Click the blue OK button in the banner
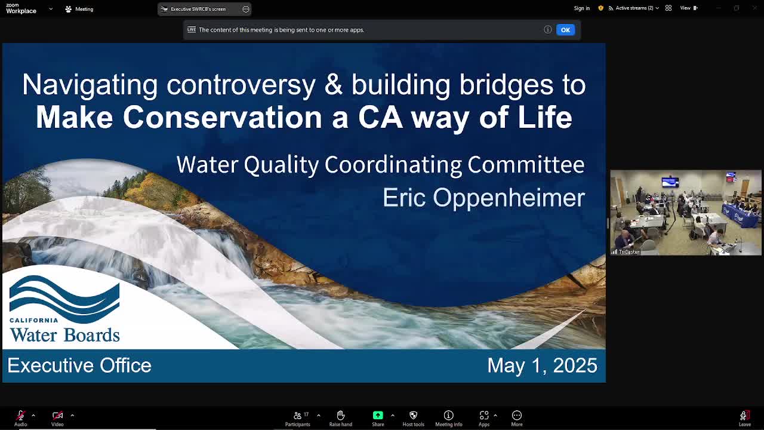coord(565,30)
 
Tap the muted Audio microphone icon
coord(20,415)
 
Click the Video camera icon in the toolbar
coord(57,415)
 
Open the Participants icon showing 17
coord(297,415)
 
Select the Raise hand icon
coord(340,415)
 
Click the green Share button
coord(378,415)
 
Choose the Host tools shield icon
coord(414,415)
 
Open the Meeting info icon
coord(448,415)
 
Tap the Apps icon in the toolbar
coord(484,415)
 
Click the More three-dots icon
coord(517,415)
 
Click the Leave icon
coord(744,415)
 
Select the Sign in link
coord(581,8)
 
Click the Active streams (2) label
coord(634,8)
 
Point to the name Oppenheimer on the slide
coord(509,198)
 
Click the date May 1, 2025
coord(543,365)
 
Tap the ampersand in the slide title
coord(333,84)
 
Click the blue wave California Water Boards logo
coord(64,309)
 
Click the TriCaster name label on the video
coord(629,252)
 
